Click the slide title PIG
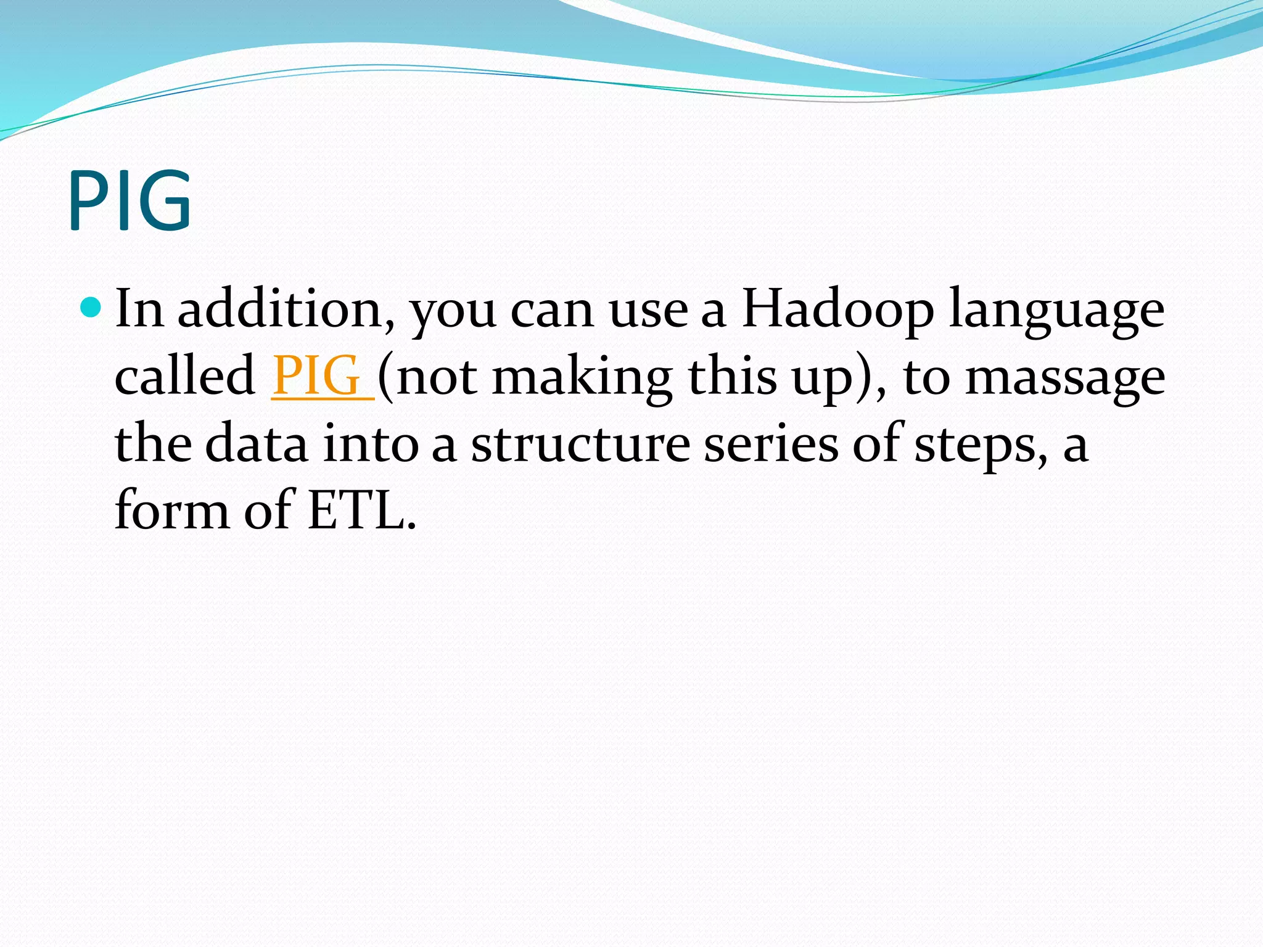pos(130,200)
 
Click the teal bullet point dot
pos(91,306)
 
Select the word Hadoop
pos(837,310)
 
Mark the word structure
pos(580,444)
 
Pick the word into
pos(371,444)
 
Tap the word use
pos(648,311)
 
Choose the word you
pos(453,311)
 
